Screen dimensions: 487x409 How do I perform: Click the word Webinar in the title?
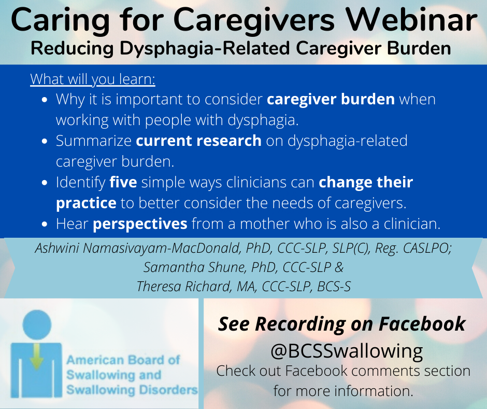(x=412, y=20)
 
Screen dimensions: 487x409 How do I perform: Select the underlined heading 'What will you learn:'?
(x=93, y=79)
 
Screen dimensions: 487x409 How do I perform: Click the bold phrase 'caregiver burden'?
(x=331, y=99)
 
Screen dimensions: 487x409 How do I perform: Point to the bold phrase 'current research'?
(x=199, y=140)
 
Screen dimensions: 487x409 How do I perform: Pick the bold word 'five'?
(x=123, y=182)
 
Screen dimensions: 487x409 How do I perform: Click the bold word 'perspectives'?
(x=140, y=224)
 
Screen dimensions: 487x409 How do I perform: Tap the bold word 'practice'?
(x=87, y=203)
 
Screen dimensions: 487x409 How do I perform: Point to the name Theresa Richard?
(x=184, y=287)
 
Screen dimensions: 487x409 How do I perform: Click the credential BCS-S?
(x=334, y=287)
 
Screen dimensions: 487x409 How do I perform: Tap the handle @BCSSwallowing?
(x=347, y=351)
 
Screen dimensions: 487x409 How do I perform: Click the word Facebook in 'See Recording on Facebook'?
(x=422, y=324)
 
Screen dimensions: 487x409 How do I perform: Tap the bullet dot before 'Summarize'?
(x=45, y=141)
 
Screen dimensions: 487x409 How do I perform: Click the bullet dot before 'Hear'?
(x=45, y=224)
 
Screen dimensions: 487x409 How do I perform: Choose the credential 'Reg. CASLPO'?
(x=413, y=249)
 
